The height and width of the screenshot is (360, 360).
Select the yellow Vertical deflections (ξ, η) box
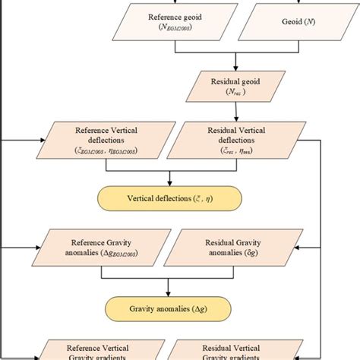pyautogui.click(x=169, y=199)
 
